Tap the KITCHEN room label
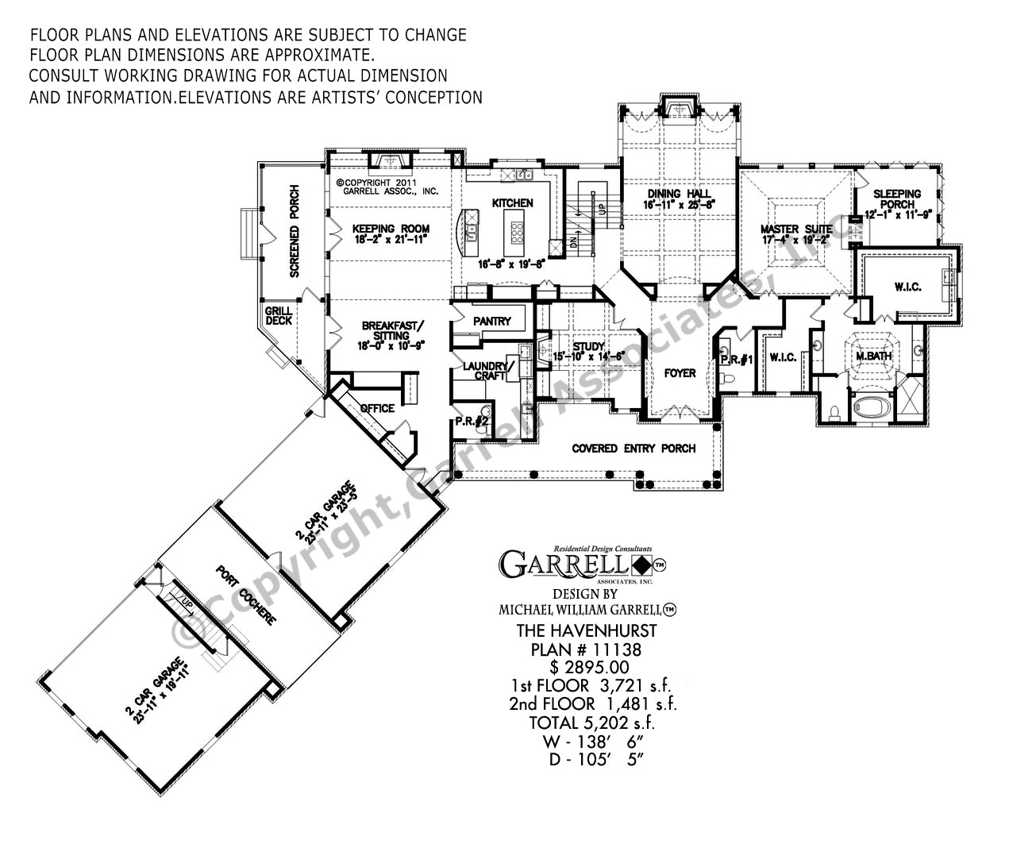pyautogui.click(x=512, y=203)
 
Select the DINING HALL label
pyautogui.click(x=679, y=193)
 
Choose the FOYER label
pyautogui.click(x=680, y=372)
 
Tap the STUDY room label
pyautogui.click(x=589, y=347)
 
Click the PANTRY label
pyautogui.click(x=492, y=322)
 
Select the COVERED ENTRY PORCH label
pyautogui.click(x=634, y=449)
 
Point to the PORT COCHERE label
pyautogui.click(x=246, y=595)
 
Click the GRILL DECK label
pyautogui.click(x=279, y=315)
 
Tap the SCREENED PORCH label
pyautogui.click(x=295, y=231)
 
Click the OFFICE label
pyautogui.click(x=377, y=408)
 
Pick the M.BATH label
pyautogui.click(x=873, y=356)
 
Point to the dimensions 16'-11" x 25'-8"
pyautogui.click(x=679, y=205)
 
